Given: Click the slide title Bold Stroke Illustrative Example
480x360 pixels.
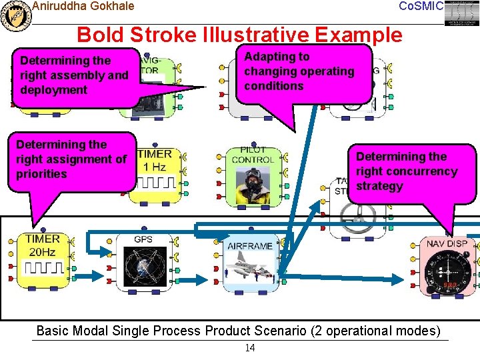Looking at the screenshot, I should pos(240,35).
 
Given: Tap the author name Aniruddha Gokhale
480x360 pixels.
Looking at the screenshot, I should pos(83,7).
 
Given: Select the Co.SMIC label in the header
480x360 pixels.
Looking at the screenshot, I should pos(420,7).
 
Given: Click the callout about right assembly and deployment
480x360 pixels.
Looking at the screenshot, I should pos(73,75).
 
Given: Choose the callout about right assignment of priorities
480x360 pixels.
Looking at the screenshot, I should pos(71,159).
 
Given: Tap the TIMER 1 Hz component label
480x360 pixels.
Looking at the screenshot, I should pos(154,160).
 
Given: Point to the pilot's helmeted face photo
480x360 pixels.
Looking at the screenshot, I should pos(253,183).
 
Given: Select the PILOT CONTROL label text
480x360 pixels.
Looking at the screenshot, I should pos(253,155).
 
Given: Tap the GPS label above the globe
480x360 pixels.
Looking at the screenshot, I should pos(143,240).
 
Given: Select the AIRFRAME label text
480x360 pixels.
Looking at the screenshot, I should pos(250,246).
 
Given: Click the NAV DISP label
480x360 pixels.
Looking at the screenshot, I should pos(447,243).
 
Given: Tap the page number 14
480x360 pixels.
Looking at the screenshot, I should pos(250,348).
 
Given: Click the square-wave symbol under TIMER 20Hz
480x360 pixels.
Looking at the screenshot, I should pos(43,268).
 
